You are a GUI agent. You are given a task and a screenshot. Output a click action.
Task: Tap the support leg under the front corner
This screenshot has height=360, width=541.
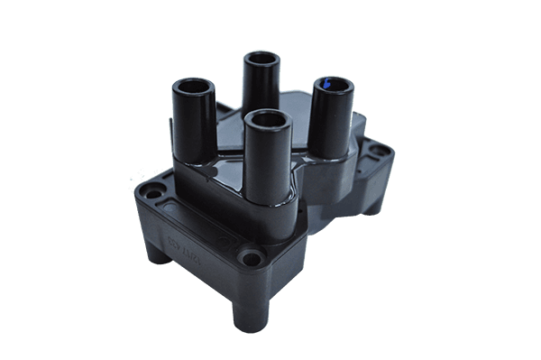pos(250,312)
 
